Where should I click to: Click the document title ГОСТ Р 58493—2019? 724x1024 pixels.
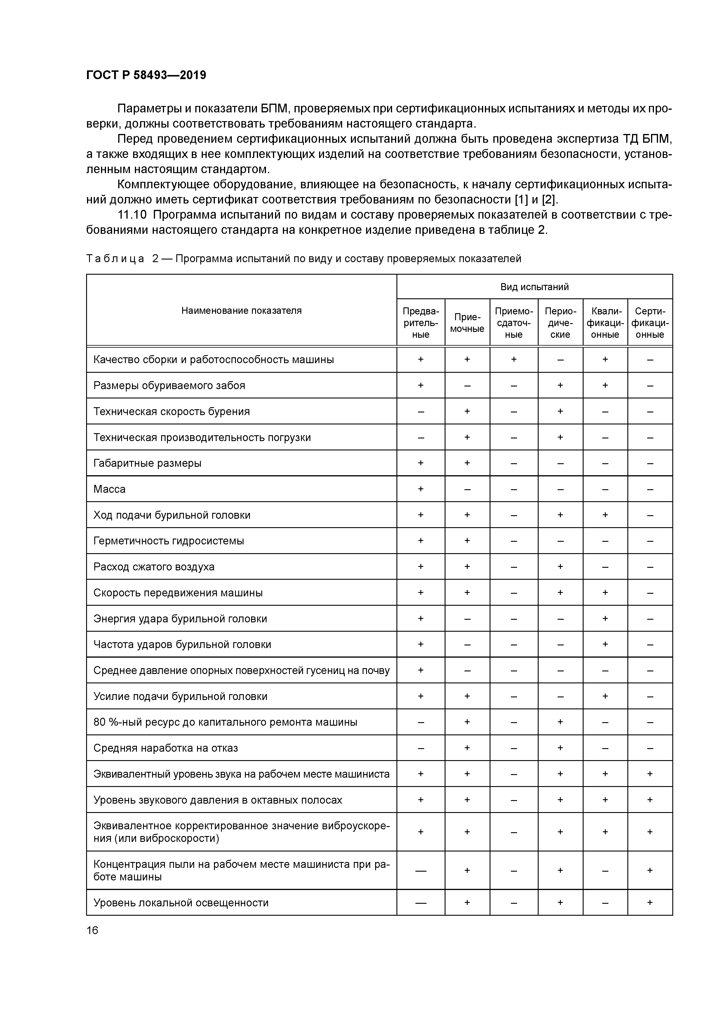pyautogui.click(x=146, y=75)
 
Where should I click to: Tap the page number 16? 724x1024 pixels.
pyautogui.click(x=92, y=930)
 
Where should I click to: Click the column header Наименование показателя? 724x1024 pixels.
pyautogui.click(x=241, y=310)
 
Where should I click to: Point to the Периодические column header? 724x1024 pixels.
pyautogui.click(x=560, y=323)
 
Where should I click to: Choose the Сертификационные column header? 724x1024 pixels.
pyautogui.click(x=650, y=323)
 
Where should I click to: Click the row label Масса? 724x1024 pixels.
pyautogui.click(x=109, y=489)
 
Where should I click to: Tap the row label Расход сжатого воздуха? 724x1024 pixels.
pyautogui.click(x=154, y=567)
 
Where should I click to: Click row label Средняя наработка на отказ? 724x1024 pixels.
pyautogui.click(x=166, y=748)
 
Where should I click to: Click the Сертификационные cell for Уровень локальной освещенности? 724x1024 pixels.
pyautogui.click(x=650, y=903)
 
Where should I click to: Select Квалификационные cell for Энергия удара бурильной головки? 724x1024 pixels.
pyautogui.click(x=605, y=619)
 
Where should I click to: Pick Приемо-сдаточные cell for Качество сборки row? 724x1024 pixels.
pyautogui.click(x=514, y=359)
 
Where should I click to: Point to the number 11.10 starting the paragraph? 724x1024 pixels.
pyautogui.click(x=132, y=215)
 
